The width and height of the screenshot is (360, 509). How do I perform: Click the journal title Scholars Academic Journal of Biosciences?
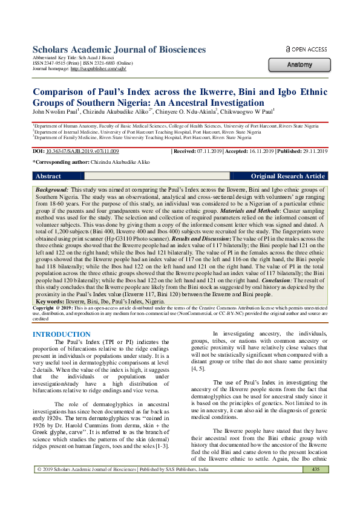click(x=119, y=50)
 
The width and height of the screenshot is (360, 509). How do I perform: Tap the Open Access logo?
click(x=306, y=49)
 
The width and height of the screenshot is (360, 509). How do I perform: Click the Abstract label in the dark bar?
click(x=49, y=176)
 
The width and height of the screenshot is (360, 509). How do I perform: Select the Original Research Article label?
click(x=288, y=176)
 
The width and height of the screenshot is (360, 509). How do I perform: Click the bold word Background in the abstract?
click(x=51, y=190)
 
